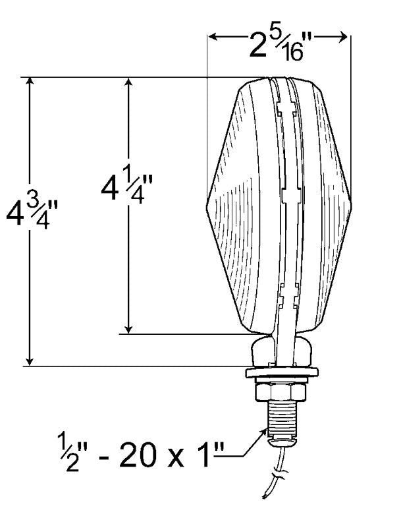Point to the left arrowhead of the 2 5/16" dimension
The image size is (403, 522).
[x=213, y=38]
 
